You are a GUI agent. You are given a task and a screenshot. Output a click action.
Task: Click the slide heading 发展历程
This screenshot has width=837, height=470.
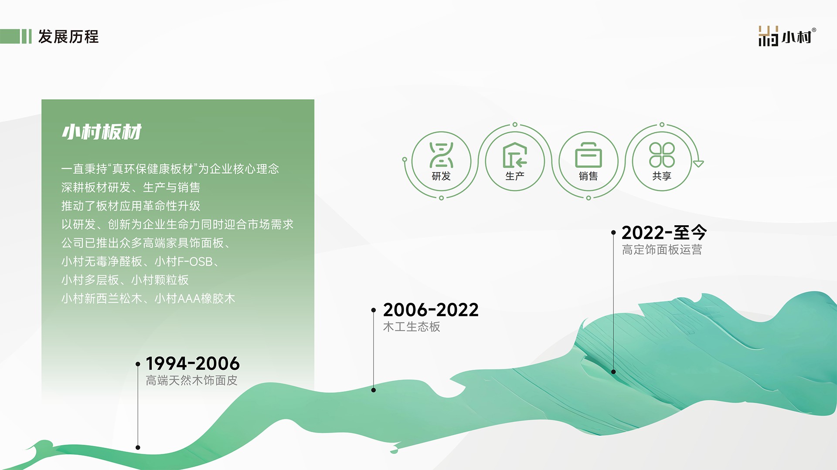click(68, 37)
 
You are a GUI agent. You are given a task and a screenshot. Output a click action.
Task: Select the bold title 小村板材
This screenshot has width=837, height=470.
click(102, 132)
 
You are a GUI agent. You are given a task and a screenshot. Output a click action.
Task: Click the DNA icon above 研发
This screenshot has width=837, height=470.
click(441, 155)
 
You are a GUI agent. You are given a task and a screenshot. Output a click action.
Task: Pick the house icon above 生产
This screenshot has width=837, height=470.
click(515, 155)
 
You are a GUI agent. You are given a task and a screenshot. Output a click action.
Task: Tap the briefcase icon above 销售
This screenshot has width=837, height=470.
click(589, 155)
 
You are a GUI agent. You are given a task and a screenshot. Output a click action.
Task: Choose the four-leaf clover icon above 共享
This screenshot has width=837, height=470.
click(662, 155)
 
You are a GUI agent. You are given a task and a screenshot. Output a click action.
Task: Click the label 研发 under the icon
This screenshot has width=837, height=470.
click(441, 176)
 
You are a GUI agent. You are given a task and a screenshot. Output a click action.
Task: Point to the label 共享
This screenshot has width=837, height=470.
click(662, 176)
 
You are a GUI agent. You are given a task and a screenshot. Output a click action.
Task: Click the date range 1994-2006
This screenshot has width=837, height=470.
click(193, 363)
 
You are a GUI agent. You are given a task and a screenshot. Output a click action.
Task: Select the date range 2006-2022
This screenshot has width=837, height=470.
click(431, 310)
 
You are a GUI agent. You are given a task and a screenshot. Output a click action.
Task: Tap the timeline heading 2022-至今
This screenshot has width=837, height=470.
click(664, 233)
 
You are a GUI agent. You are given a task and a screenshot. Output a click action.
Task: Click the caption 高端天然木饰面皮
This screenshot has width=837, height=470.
click(191, 380)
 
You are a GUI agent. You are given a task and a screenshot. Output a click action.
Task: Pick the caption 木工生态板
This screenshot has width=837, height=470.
click(412, 327)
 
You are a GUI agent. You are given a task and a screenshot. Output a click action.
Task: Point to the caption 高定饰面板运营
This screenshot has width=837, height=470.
click(662, 250)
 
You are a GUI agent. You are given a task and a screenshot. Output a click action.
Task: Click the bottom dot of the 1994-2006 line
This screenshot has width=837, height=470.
click(138, 447)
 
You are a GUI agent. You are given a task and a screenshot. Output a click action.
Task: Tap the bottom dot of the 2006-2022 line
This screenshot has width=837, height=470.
click(373, 390)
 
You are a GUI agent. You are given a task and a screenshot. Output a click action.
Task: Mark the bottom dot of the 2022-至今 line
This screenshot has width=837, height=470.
click(613, 372)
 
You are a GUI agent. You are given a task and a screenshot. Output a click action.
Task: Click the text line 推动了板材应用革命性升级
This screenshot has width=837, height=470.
click(131, 206)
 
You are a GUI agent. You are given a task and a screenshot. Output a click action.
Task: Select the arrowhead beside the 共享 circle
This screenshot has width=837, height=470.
click(698, 164)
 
